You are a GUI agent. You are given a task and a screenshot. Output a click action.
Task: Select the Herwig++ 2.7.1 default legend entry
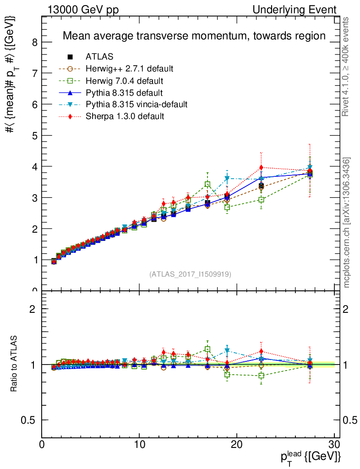tap(129, 69)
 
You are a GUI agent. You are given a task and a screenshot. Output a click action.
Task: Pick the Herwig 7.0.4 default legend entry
tap(125, 81)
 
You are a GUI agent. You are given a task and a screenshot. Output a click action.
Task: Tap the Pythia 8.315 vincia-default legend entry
tap(136, 104)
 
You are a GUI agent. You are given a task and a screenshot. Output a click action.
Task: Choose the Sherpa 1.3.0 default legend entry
tap(125, 116)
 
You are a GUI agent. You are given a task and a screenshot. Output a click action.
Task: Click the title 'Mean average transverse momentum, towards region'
tap(194, 36)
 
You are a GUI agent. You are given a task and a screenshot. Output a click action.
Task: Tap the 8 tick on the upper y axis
tap(34, 42)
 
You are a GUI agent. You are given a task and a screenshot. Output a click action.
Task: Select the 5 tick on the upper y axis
tap(34, 136)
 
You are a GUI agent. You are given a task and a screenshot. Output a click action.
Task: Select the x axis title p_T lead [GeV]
tap(310, 457)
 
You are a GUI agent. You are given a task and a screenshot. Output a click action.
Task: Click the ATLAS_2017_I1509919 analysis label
tap(190, 274)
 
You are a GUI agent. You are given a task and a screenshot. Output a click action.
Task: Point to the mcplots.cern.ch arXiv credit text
tap(347, 222)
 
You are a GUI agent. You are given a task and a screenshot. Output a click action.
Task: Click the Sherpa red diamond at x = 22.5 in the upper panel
tap(261, 168)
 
